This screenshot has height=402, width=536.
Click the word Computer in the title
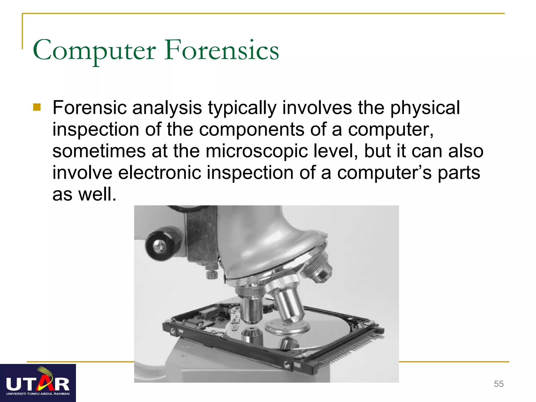94,51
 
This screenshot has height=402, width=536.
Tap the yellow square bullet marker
37,107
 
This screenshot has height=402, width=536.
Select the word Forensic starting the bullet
89,108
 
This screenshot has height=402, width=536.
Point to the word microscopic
256,151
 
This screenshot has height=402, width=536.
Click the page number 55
499,384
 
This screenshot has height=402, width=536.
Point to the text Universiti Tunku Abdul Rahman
38,394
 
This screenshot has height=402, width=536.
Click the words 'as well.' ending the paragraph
84,194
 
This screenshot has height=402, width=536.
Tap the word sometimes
99,151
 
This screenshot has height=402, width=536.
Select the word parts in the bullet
459,173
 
